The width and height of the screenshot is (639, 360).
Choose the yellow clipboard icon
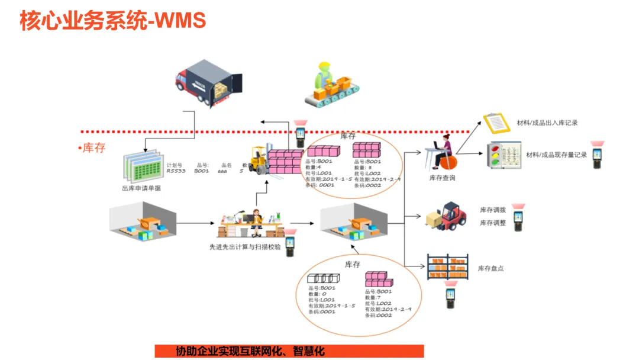tap(496, 123)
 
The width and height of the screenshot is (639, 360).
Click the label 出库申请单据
tap(141, 188)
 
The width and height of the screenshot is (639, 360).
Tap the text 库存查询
tap(442, 178)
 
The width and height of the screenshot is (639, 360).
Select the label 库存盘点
tap(490, 268)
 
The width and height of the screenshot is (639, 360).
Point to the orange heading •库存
tap(92, 147)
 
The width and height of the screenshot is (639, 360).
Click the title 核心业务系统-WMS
tap(113, 21)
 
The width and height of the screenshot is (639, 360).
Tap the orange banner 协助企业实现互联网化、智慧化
tap(250, 351)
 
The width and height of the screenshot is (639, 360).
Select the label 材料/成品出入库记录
tap(547, 123)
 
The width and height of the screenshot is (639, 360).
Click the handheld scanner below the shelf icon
tap(450, 298)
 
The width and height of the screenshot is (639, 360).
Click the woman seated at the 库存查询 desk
tap(444, 152)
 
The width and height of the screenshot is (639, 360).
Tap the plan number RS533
tap(175, 171)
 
